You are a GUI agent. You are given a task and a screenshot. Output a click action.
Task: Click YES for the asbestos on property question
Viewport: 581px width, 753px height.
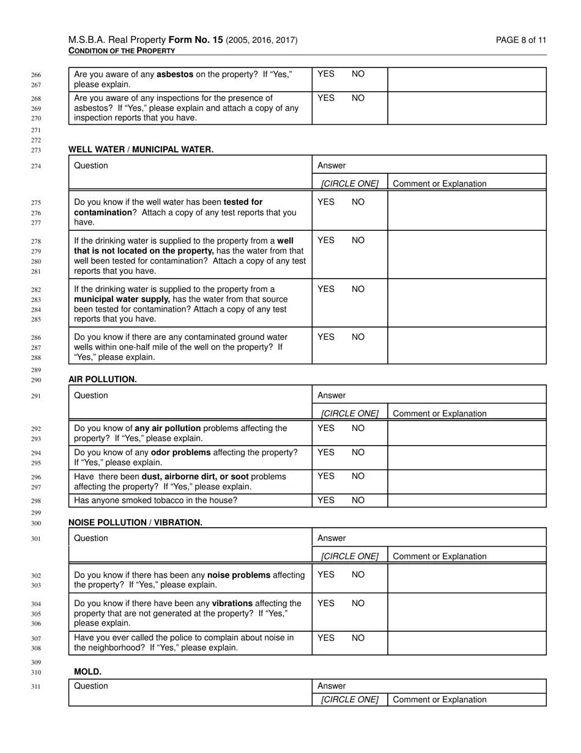pos(326,74)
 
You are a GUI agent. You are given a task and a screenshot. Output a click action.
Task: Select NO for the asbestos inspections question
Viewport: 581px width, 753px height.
pos(358,98)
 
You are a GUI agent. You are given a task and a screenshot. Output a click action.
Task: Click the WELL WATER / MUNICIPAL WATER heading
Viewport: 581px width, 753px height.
pos(141,149)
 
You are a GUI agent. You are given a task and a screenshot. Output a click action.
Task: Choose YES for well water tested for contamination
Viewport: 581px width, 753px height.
pos(326,202)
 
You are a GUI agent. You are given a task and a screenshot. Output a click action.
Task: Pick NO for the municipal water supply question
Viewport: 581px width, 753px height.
pos(358,289)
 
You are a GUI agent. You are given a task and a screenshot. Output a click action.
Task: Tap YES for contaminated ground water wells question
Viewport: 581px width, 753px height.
pos(326,337)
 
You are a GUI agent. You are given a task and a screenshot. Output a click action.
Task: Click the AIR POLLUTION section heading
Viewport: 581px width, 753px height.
pos(102,380)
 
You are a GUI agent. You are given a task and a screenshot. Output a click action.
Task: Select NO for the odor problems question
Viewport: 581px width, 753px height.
pos(358,452)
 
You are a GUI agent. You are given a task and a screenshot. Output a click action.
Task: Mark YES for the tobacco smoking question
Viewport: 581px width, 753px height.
pos(326,500)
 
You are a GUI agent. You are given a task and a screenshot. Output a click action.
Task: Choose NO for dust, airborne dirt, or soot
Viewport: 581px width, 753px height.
pos(358,476)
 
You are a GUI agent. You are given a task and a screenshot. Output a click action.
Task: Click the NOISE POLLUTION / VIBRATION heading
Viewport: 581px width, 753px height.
pos(135,523)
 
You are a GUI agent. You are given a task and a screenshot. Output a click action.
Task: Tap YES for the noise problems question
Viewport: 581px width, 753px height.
pos(326,575)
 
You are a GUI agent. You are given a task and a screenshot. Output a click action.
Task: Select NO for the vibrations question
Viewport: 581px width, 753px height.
pos(358,604)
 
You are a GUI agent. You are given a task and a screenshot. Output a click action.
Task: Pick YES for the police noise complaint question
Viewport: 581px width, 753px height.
pos(326,638)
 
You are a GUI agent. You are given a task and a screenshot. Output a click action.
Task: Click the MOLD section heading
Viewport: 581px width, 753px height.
pos(87,672)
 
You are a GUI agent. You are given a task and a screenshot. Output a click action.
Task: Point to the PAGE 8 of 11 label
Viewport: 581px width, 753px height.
pos(521,40)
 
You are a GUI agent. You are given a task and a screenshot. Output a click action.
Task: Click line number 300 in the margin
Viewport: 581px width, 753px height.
pos(35,523)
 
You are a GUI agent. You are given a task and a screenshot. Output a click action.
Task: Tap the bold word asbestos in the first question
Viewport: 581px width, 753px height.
pos(175,75)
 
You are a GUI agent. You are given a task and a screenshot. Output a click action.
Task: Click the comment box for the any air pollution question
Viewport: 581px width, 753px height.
pos(467,433)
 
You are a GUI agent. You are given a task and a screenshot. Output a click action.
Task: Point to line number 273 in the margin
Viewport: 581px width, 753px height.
pos(35,150)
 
